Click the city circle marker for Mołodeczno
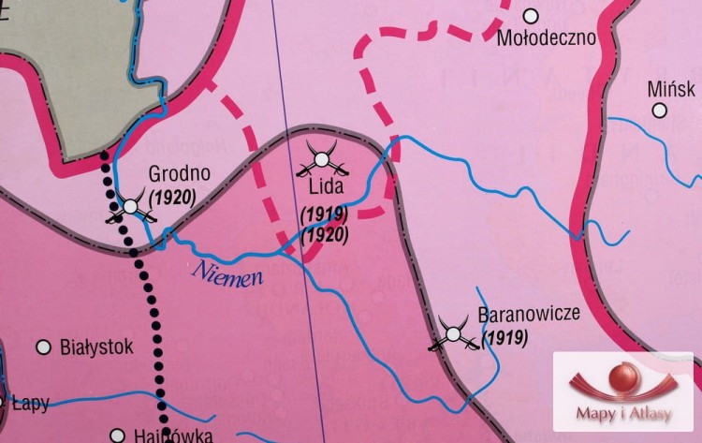point(531,16)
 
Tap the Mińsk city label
point(671,89)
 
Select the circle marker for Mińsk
point(660,110)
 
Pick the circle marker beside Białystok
point(43,347)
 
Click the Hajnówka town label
point(176,436)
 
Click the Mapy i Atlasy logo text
point(622,416)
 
